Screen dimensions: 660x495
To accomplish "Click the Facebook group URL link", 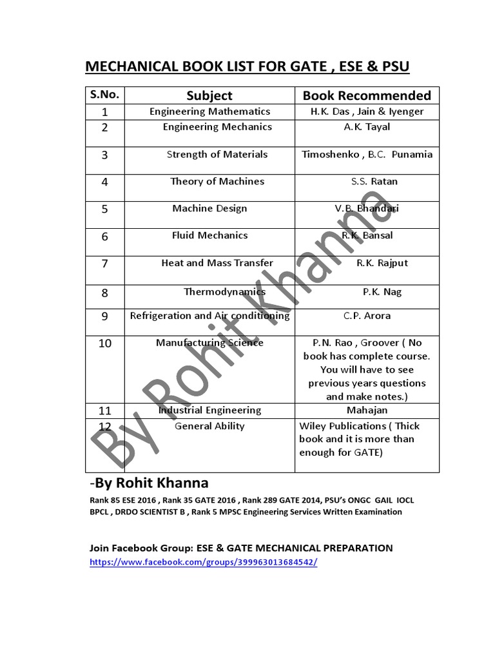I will click(203, 562).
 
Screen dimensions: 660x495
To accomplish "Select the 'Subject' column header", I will click(209, 95).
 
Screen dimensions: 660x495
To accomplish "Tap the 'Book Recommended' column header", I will click(367, 95).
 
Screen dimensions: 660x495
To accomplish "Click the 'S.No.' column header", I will click(104, 94).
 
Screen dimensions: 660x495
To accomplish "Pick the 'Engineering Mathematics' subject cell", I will click(209, 112).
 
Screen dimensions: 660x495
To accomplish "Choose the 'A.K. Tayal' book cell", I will click(367, 127).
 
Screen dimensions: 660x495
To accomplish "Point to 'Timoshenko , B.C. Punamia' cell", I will click(367, 154).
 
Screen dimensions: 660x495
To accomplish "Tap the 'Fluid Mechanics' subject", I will click(209, 235).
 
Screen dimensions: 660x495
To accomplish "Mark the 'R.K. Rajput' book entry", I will click(382, 262).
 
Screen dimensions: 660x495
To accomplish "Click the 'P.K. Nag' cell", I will click(382, 291).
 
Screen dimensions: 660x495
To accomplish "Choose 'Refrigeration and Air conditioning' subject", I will click(209, 316).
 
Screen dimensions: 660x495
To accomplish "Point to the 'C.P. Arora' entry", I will click(367, 316).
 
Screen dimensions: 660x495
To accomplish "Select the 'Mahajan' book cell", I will click(367, 410).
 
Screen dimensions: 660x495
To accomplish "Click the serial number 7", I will click(104, 264).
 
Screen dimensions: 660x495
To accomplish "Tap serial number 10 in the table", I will click(104, 344).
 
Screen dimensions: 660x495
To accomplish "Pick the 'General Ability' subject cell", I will click(209, 426).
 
